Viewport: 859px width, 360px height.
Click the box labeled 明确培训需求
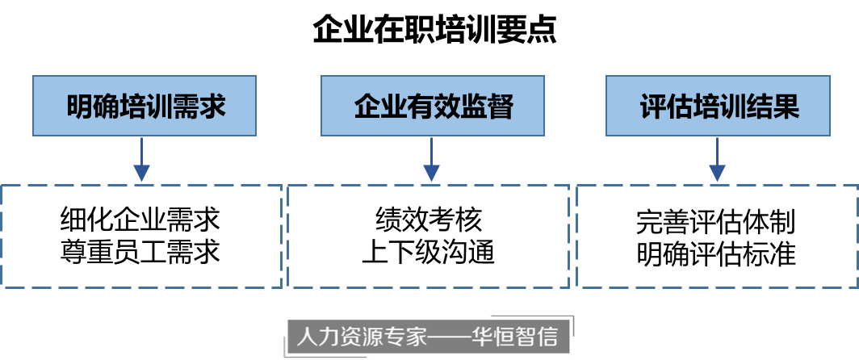point(144,106)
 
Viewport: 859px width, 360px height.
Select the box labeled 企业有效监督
point(433,106)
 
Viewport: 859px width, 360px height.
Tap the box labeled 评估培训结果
point(718,106)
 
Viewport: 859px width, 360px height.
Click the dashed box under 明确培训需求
point(142,236)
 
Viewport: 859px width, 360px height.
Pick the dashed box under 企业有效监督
point(429,236)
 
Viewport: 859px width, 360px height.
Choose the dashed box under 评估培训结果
point(717,236)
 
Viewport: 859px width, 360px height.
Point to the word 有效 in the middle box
point(434,107)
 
